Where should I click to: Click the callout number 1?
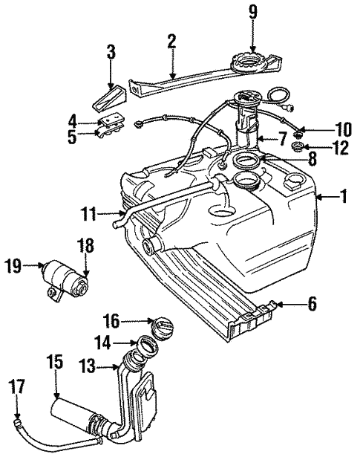coord(344,197)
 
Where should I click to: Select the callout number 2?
coord(171,41)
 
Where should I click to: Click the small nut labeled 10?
coord(298,133)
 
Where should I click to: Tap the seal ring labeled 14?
coord(146,345)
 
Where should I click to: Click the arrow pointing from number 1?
coord(324,197)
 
